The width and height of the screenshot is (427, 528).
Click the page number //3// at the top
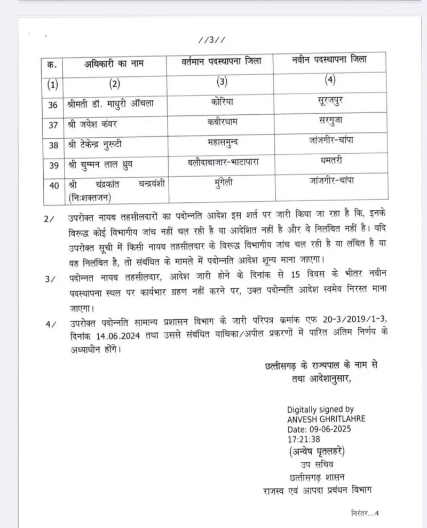pyautogui.click(x=213, y=41)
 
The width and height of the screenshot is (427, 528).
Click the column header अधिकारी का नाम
pyautogui.click(x=113, y=65)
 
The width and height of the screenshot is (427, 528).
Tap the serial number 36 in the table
pyautogui.click(x=52, y=105)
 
